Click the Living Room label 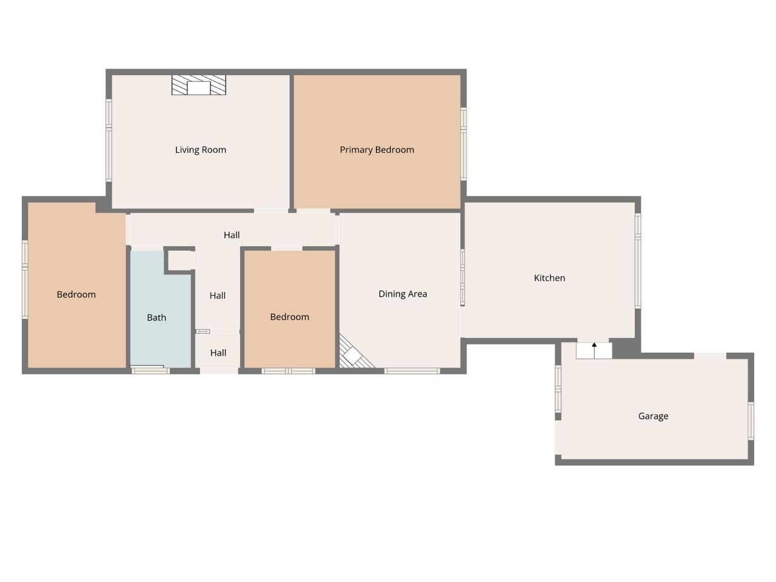201,150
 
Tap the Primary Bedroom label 377,150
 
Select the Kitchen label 549,278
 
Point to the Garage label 653,416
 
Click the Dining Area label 403,294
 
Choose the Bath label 156,318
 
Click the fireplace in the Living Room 199,85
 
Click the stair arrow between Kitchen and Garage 594,350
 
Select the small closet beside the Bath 179,261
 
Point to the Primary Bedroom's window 464,144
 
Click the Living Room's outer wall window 109,141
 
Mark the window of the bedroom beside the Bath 25,279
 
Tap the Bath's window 150,370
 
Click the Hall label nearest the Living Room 232,235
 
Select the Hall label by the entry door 218,353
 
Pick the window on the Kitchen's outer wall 638,261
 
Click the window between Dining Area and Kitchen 463,278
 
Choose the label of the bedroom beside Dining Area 290,317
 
